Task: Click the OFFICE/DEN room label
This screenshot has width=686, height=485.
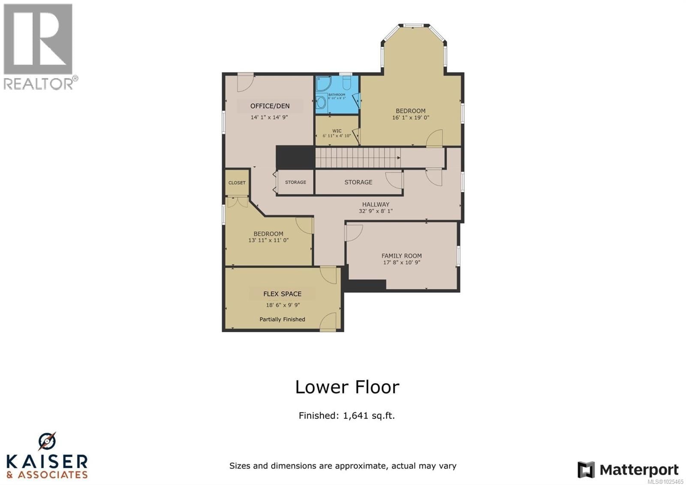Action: click(x=270, y=106)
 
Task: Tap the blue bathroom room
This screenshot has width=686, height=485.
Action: click(x=337, y=95)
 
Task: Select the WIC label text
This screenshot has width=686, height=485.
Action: click(x=337, y=131)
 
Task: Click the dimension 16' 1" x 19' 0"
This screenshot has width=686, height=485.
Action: click(x=410, y=118)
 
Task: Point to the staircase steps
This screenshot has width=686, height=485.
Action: click(x=358, y=158)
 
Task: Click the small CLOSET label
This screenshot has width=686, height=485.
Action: click(x=237, y=183)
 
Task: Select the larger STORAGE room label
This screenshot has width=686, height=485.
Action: click(x=358, y=182)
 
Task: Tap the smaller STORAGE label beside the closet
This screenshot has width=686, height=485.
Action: click(x=295, y=182)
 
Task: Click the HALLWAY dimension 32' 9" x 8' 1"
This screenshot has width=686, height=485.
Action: click(x=376, y=211)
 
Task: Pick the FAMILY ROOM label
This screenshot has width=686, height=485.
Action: click(x=401, y=256)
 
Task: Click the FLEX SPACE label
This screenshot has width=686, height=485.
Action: click(x=282, y=294)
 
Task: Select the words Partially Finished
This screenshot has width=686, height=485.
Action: click(x=282, y=319)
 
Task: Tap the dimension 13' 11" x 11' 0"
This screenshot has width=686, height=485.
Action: click(x=268, y=240)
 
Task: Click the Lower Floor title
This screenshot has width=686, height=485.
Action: click(x=347, y=387)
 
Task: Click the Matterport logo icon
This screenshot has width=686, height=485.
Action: click(x=586, y=470)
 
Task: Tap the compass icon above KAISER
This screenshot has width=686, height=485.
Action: click(x=47, y=441)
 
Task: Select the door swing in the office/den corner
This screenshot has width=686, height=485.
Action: click(x=245, y=82)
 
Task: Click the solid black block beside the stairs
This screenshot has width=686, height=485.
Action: click(x=295, y=157)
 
